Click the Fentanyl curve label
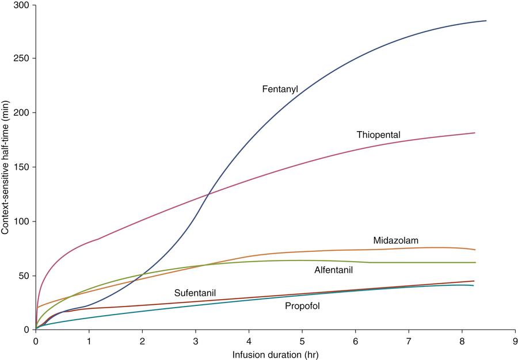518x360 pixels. [x=280, y=89]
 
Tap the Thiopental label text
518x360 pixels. [x=378, y=135]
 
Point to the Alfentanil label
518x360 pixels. [x=333, y=270]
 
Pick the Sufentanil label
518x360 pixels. [x=195, y=293]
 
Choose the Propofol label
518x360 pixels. [x=302, y=307]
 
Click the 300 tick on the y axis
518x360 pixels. [x=24, y=5]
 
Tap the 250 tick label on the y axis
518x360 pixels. [x=24, y=59]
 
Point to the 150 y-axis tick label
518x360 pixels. [x=24, y=167]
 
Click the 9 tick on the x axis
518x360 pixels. [x=514, y=340]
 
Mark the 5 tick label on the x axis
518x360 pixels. [x=302, y=340]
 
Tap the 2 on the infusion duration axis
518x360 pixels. [x=142, y=340]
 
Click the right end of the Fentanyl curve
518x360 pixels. [x=486, y=21]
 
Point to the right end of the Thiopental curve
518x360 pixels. [x=475, y=133]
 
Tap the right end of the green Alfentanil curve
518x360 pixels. [x=475, y=262]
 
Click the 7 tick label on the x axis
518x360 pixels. [x=408, y=340]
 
